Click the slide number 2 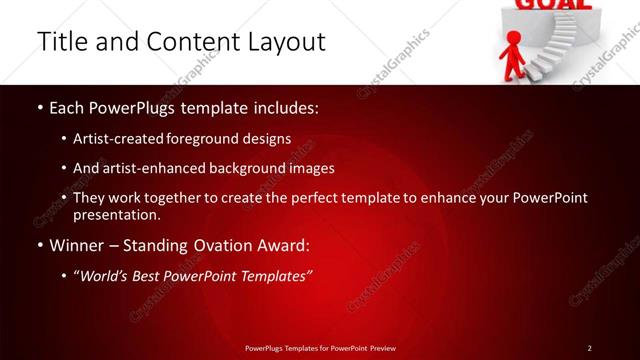point(590,347)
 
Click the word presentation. point(115,215)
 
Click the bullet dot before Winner point(40,246)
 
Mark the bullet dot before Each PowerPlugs point(40,107)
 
